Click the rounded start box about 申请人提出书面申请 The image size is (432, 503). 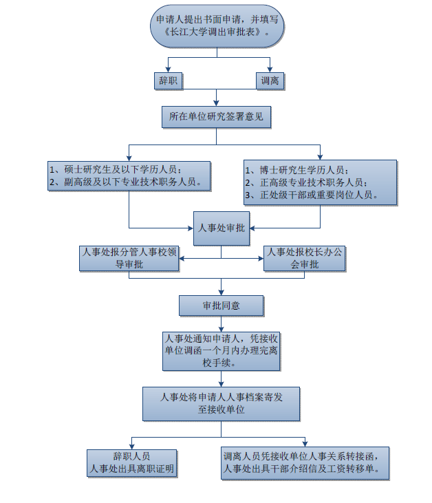coord(217,26)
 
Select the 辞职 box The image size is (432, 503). coord(168,81)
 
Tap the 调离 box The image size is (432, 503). coord(269,81)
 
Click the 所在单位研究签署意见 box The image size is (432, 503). coord(217,118)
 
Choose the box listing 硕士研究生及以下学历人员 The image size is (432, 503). coord(129,175)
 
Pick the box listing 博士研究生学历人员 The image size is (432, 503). coord(319,182)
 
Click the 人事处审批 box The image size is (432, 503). coord(221,228)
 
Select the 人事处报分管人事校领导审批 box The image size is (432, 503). coord(129,258)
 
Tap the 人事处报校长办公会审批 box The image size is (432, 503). coord(305,258)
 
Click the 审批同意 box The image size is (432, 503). coord(221,305)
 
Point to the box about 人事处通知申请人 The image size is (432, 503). coord(221,350)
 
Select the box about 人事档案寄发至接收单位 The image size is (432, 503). coord(221,403)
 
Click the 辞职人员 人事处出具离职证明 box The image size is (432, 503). coord(131,463)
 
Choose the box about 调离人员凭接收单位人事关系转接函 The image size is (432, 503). coord(305,463)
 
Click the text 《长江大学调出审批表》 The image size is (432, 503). coord(217,33)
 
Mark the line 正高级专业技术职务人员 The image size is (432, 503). coord(312,183)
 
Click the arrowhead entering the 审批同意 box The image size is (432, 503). coord(221,292)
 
